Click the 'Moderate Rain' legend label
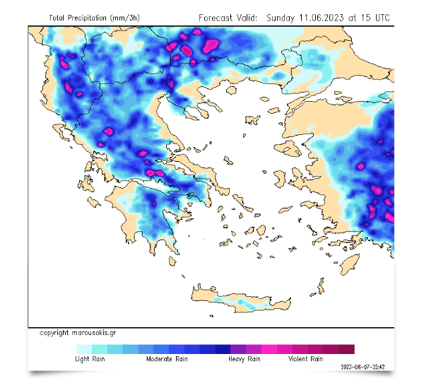click(167, 359)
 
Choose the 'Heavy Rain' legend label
click(243, 359)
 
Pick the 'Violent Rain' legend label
click(305, 359)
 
